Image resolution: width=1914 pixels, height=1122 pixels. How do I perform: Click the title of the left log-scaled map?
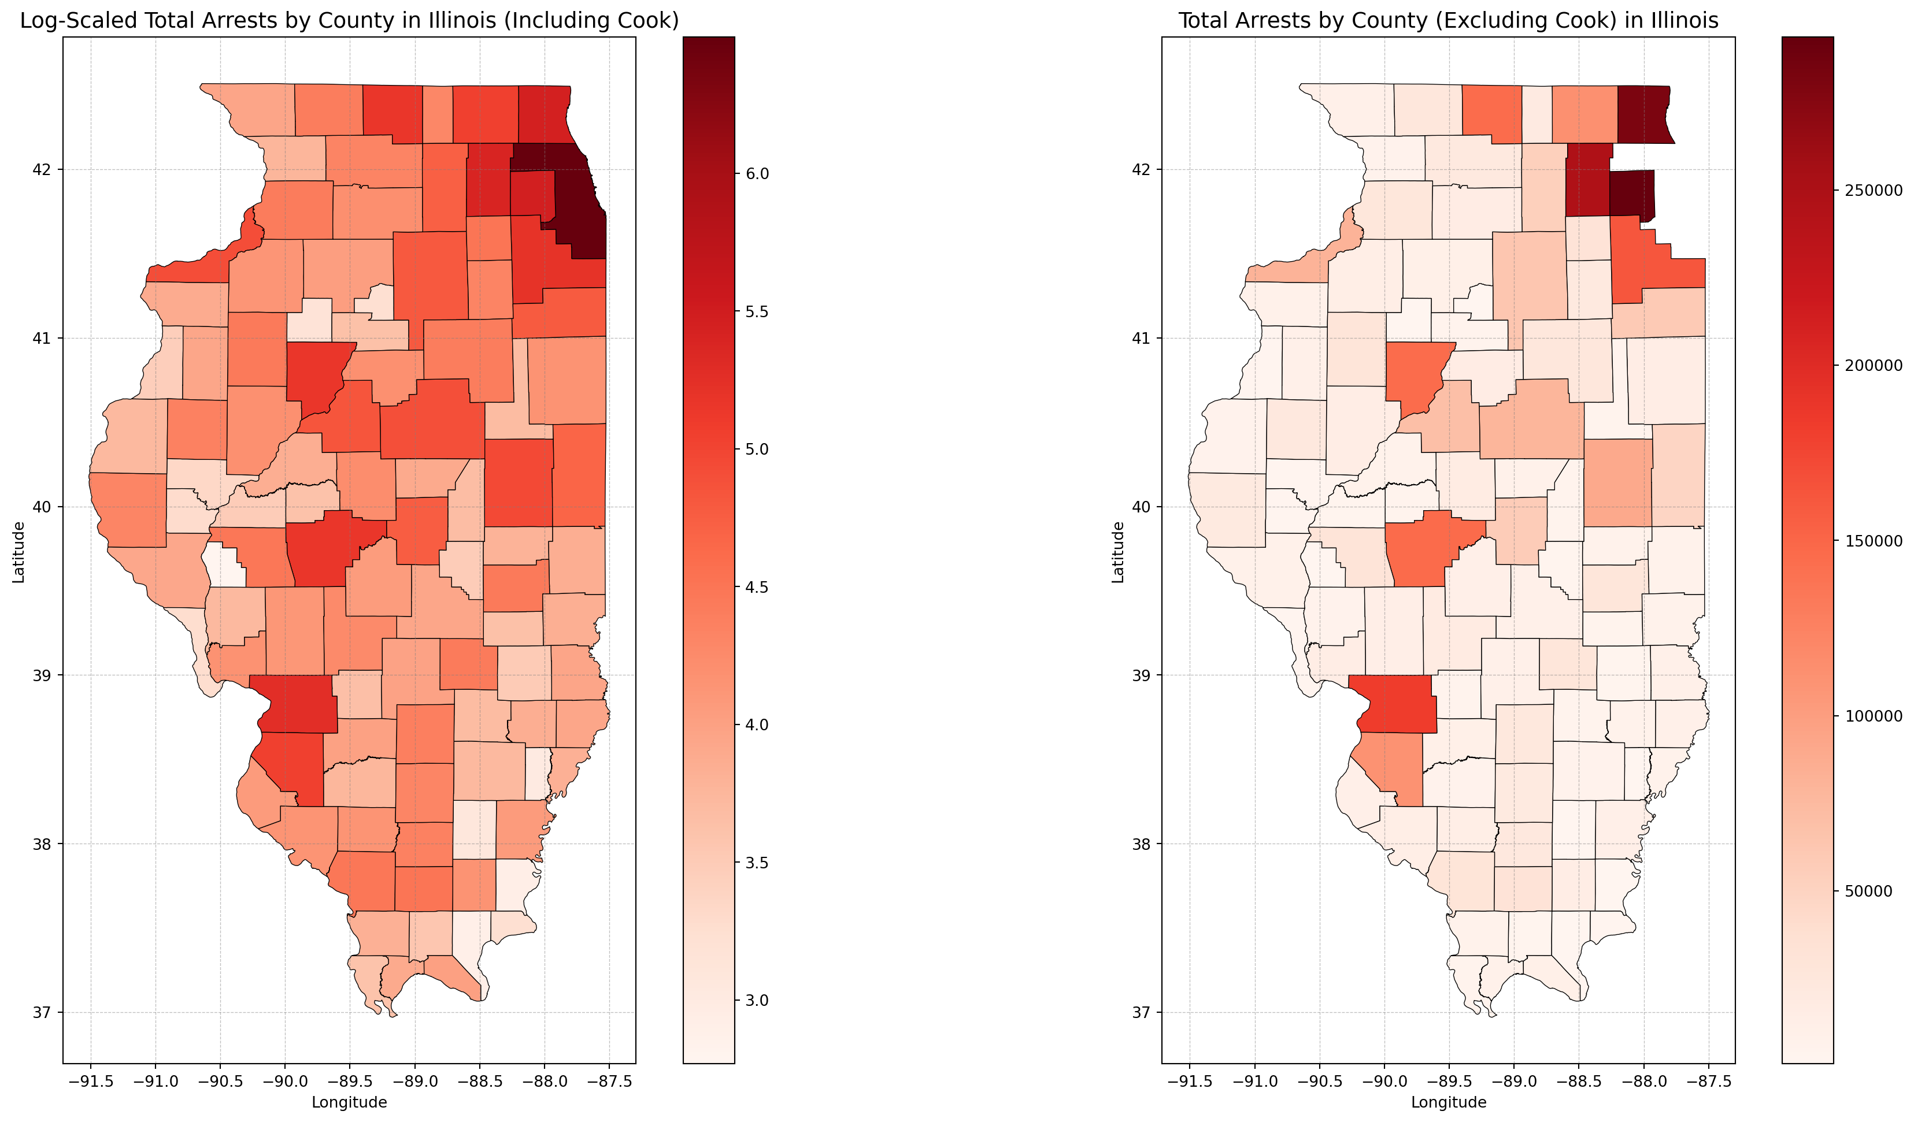[349, 20]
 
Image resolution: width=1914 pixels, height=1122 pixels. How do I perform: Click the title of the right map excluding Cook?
[1447, 20]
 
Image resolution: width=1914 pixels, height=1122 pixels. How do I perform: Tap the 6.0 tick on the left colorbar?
[757, 174]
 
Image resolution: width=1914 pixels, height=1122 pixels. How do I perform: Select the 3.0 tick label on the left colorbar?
[757, 1001]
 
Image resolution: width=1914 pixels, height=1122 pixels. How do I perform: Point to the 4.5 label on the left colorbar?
[757, 587]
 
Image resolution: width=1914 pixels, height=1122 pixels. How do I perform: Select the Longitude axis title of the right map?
[1447, 1102]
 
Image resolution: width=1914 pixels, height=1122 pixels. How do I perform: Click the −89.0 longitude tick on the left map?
[414, 1080]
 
